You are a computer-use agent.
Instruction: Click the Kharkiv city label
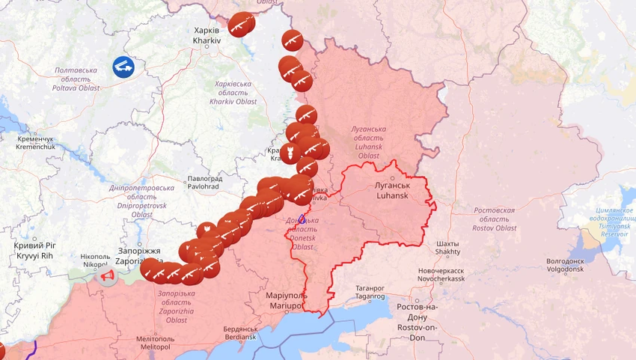click(207, 35)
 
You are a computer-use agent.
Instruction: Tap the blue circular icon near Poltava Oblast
click(123, 67)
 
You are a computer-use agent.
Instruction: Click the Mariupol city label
click(286, 302)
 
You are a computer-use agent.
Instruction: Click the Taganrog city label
click(369, 292)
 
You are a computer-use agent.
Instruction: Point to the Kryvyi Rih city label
click(35, 251)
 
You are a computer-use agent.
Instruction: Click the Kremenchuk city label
click(35, 143)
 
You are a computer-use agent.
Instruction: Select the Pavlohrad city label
click(204, 183)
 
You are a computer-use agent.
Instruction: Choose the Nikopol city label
click(95, 260)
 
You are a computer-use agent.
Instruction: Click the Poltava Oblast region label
click(76, 79)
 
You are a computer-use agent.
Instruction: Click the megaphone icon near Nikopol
click(108, 278)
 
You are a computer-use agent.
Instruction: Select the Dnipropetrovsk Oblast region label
click(141, 201)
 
